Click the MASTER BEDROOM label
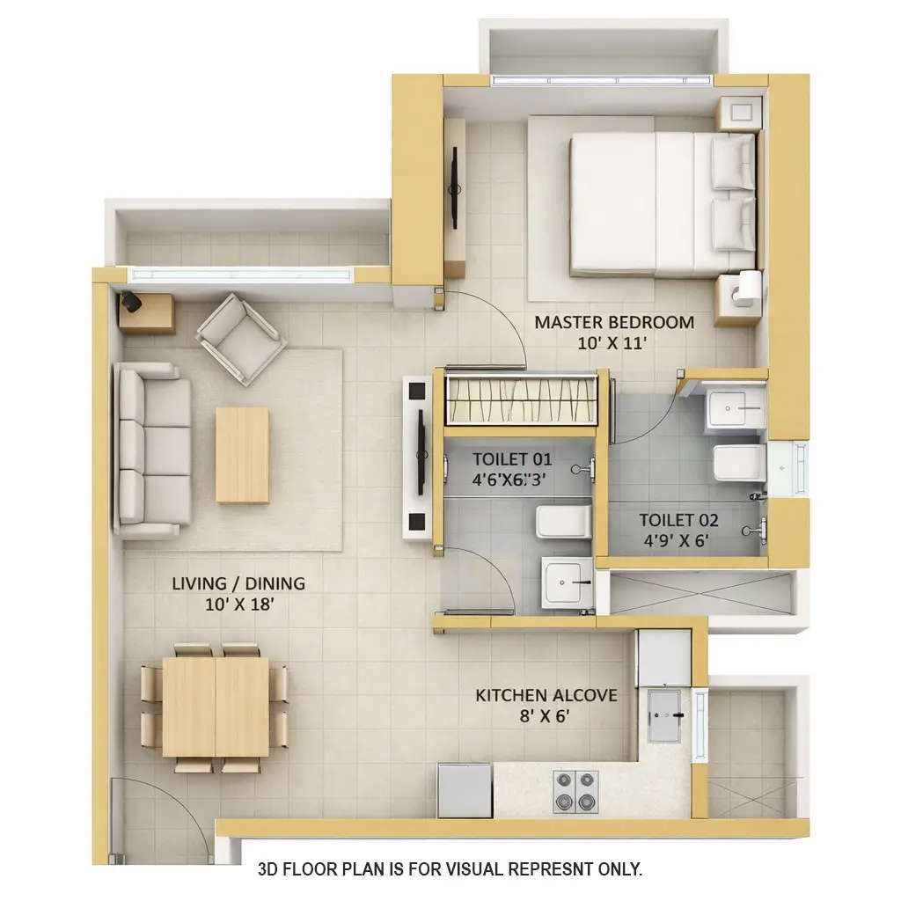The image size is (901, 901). (613, 322)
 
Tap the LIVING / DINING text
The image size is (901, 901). (238, 583)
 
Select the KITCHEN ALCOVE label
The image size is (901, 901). (546, 695)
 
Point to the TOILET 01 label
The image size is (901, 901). (511, 458)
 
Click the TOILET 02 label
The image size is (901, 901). (678, 520)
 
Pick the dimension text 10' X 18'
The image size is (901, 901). (238, 604)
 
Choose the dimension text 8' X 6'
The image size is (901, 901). (546, 715)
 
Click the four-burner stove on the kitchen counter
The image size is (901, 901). (575, 791)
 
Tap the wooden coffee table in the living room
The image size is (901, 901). (242, 455)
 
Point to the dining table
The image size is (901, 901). (216, 707)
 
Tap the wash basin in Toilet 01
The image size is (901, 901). (563, 581)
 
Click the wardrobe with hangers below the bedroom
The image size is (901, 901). (521, 398)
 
